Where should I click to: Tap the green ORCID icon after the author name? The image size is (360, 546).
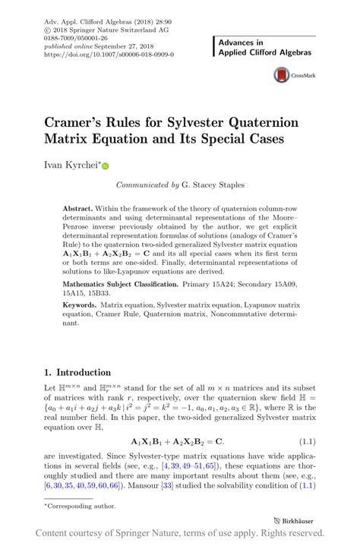106,165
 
